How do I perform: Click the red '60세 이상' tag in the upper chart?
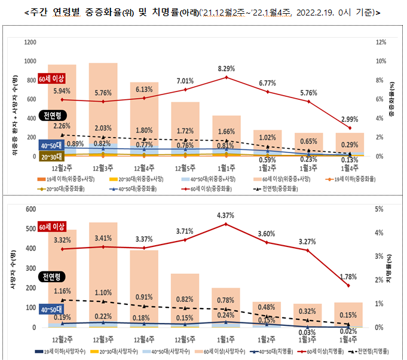[50, 80]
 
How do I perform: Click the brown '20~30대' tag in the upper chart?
[50, 157]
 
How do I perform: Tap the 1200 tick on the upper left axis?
[30, 42]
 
